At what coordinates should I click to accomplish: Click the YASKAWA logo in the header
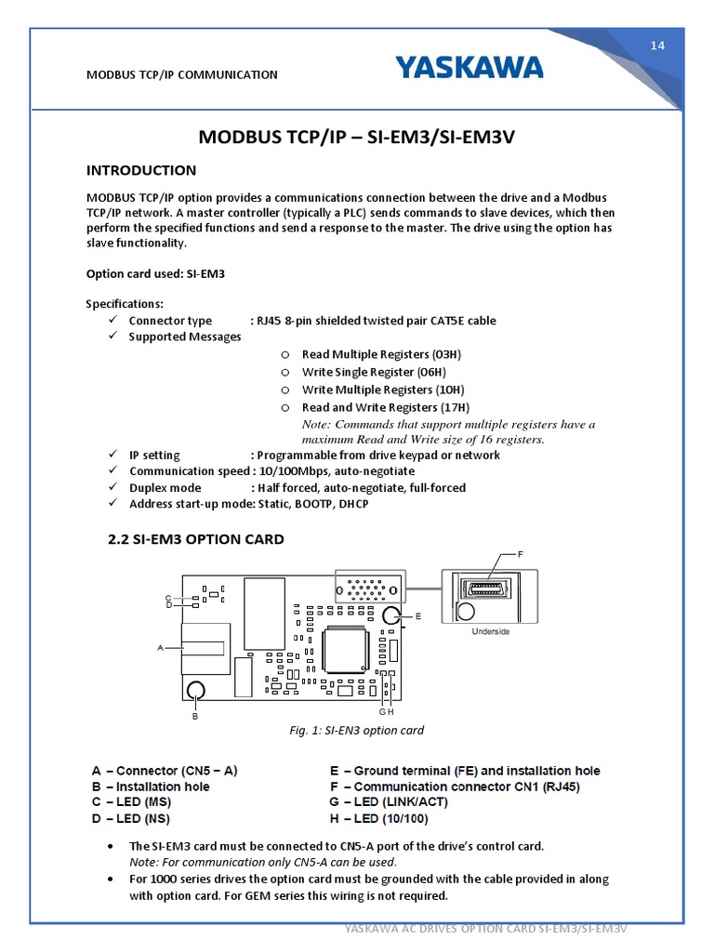click(469, 68)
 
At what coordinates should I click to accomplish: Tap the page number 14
click(657, 46)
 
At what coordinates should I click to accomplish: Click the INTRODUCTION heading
click(141, 170)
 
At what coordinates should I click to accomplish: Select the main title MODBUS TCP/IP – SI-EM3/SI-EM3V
click(357, 138)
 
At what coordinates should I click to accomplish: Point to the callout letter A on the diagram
click(162, 647)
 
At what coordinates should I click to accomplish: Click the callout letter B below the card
click(195, 716)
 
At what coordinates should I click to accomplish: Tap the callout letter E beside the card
click(418, 615)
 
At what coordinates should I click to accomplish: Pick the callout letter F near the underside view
click(520, 554)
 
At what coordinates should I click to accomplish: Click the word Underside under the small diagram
click(490, 632)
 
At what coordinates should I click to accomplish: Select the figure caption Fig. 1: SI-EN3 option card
click(357, 730)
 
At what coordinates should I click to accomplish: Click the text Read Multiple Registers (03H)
click(381, 354)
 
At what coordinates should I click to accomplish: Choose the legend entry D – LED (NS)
click(131, 818)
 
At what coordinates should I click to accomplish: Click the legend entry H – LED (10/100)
click(378, 818)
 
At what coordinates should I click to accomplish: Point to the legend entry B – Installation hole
click(151, 787)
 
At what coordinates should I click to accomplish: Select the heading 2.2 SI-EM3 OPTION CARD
click(197, 539)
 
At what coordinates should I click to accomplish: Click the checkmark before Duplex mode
click(112, 487)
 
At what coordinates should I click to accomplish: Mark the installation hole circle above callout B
click(195, 690)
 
